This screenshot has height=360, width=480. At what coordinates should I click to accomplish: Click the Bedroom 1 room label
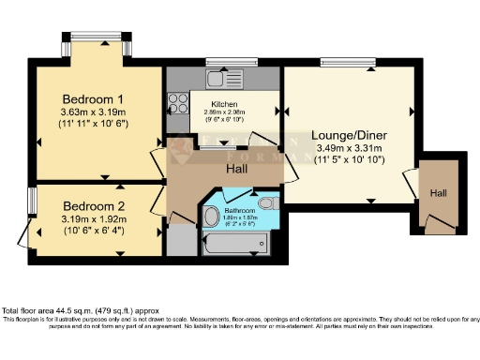[x=94, y=98]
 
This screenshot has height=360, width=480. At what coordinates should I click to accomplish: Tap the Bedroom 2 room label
[x=94, y=206]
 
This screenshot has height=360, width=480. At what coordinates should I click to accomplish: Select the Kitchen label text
[x=224, y=104]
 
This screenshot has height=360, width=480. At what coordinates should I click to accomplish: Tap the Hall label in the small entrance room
[x=439, y=193]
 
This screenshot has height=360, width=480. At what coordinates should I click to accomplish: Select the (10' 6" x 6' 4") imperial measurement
[x=94, y=232]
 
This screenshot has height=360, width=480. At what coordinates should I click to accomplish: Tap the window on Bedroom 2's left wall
[x=31, y=200]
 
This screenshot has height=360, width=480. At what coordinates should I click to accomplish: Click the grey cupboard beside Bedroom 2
[x=179, y=240]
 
